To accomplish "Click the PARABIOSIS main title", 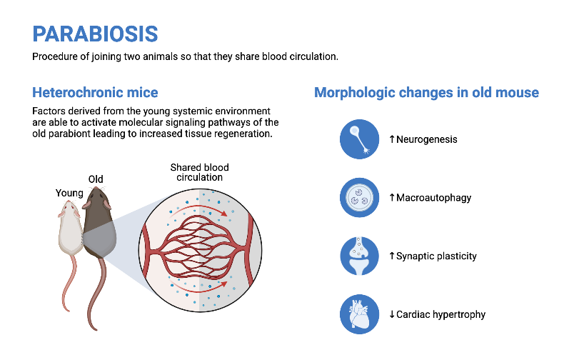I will tap(95, 33).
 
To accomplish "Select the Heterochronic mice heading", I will tap(95, 92).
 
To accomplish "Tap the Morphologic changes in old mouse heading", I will tap(426, 92).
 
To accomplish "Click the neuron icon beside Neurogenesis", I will tap(358, 139).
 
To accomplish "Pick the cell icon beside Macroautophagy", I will tap(358, 198).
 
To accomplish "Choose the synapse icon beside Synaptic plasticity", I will tap(358, 256).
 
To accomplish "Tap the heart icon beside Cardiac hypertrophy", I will tap(358, 314).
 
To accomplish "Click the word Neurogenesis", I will tap(426, 139).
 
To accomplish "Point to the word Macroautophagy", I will tap(433, 198).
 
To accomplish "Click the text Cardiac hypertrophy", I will tap(440, 314).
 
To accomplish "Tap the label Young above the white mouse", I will tap(69, 193).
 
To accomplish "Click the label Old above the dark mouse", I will tap(96, 179).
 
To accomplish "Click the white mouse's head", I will tap(70, 209).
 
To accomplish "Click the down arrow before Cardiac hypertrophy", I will tap(392, 314).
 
